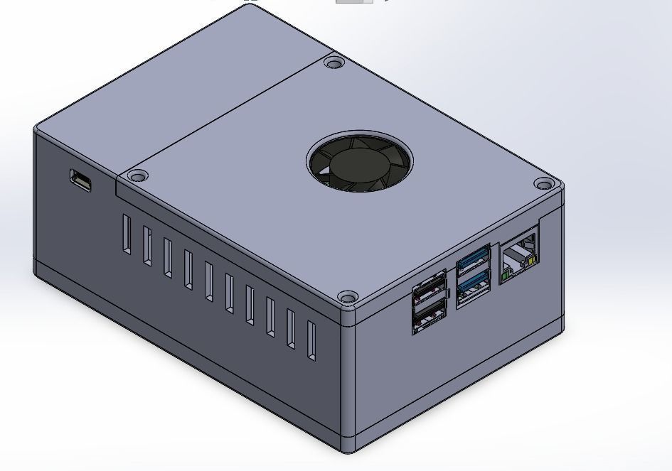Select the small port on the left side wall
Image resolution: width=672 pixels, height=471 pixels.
[x=80, y=180]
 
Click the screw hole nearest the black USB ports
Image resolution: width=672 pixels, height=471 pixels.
[x=347, y=297]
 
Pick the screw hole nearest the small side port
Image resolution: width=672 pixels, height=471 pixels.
[x=138, y=175]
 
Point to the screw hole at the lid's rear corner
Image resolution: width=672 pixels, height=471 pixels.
[x=333, y=63]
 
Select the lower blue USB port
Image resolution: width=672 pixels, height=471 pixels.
[x=474, y=286]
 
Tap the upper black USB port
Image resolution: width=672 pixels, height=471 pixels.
[x=430, y=293]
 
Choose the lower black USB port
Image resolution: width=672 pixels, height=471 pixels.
[x=430, y=316]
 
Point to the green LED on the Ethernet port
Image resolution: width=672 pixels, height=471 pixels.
[x=506, y=272]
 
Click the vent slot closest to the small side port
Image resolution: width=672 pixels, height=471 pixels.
[x=126, y=234]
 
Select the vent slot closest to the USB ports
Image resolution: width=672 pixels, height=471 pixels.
[x=311, y=341]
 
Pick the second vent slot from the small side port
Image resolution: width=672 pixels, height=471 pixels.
[x=146, y=246]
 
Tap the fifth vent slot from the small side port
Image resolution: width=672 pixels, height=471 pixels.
[x=208, y=281]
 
